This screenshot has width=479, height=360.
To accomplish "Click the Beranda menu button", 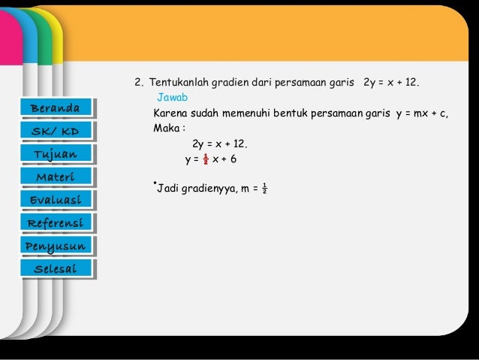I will [x=59, y=108].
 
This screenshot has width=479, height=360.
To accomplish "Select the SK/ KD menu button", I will [x=59, y=131].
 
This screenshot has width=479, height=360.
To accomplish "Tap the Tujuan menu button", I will [x=59, y=154].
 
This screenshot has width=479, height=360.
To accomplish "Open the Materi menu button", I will [x=59, y=177].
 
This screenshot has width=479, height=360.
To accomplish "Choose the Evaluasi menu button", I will [x=59, y=199].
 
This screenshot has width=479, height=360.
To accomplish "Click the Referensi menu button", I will [x=59, y=222].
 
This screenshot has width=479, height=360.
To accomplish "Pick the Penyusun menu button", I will [x=59, y=246].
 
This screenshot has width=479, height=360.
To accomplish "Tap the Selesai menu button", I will [x=59, y=268].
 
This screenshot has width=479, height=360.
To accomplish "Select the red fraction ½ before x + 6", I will [x=205, y=159].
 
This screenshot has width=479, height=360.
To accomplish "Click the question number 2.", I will [x=138, y=82].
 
